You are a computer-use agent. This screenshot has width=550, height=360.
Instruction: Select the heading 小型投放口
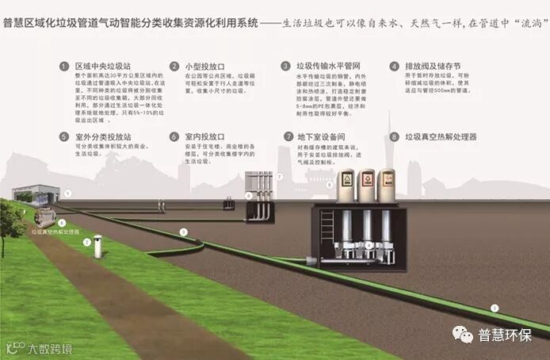tap(204, 67)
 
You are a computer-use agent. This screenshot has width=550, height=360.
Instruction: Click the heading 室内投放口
tap(204, 136)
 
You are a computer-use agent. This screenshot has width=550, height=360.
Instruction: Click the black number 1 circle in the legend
tap(63, 67)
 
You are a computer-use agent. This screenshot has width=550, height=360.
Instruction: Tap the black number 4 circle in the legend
tap(394, 67)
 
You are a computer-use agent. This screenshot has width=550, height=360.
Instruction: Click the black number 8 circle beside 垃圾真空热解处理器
tap(394, 136)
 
